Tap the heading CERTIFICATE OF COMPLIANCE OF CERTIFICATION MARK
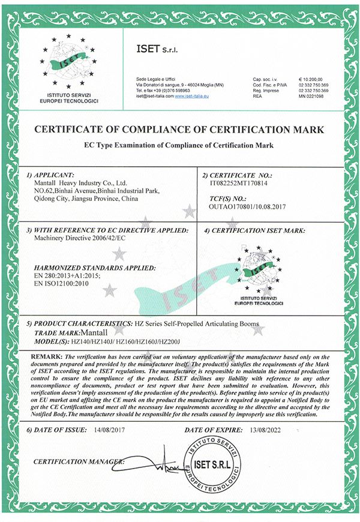(179, 129)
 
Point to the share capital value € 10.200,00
(311, 78)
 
